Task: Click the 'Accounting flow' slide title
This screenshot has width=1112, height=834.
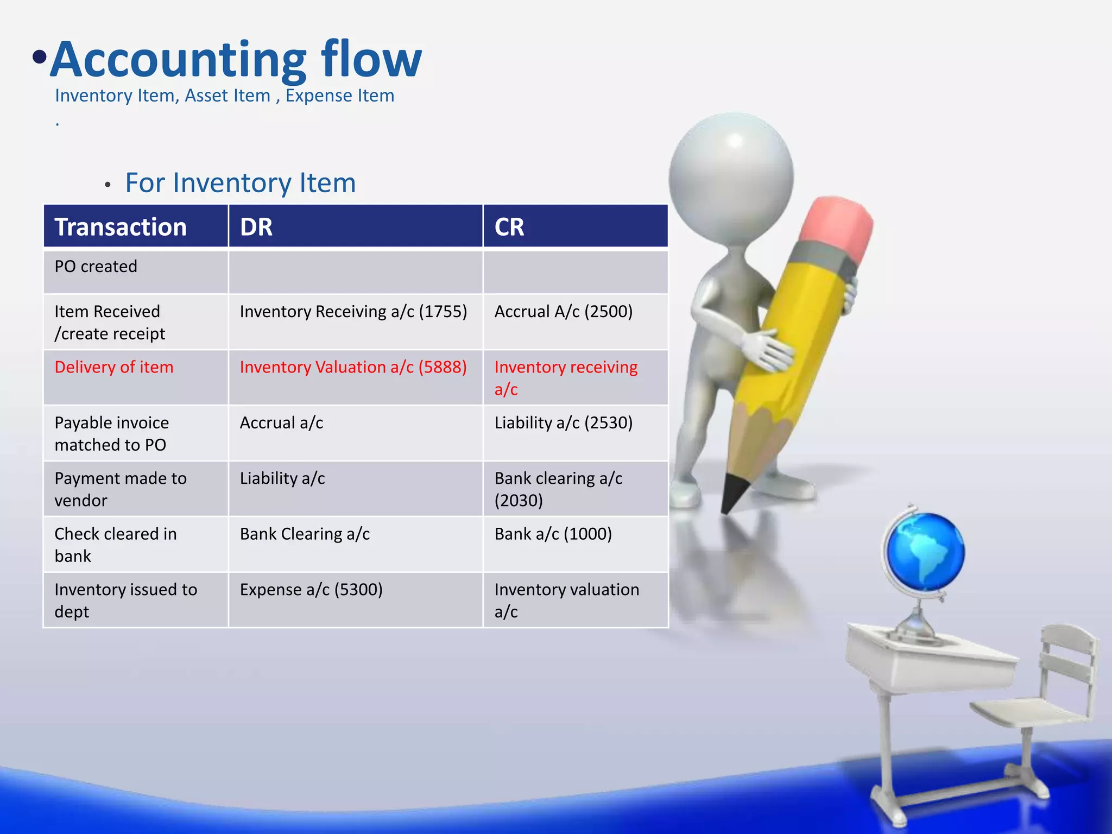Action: point(236,60)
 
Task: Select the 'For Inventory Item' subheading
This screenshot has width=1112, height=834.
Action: point(240,183)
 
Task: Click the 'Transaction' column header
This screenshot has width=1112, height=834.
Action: point(121,227)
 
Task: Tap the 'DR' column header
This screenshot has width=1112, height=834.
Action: point(256,227)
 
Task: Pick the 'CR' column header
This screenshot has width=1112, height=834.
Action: point(509,227)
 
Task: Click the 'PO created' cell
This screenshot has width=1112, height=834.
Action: point(96,267)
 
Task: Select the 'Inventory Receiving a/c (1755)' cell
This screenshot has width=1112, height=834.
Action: point(353,312)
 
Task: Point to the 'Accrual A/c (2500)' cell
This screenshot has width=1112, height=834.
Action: point(563,312)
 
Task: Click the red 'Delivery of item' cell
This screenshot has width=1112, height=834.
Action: point(114,368)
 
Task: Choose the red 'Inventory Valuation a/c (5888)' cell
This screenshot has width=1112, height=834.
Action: point(353,368)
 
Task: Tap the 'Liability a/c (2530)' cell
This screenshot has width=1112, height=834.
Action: point(563,423)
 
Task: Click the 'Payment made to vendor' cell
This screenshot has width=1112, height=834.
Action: point(121,489)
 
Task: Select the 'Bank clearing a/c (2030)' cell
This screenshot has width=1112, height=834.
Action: point(558,489)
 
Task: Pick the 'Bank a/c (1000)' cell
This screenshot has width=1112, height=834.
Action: point(553,534)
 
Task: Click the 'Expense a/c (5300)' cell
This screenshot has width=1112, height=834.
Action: point(311,590)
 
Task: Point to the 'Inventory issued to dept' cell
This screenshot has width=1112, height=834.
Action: point(125,600)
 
